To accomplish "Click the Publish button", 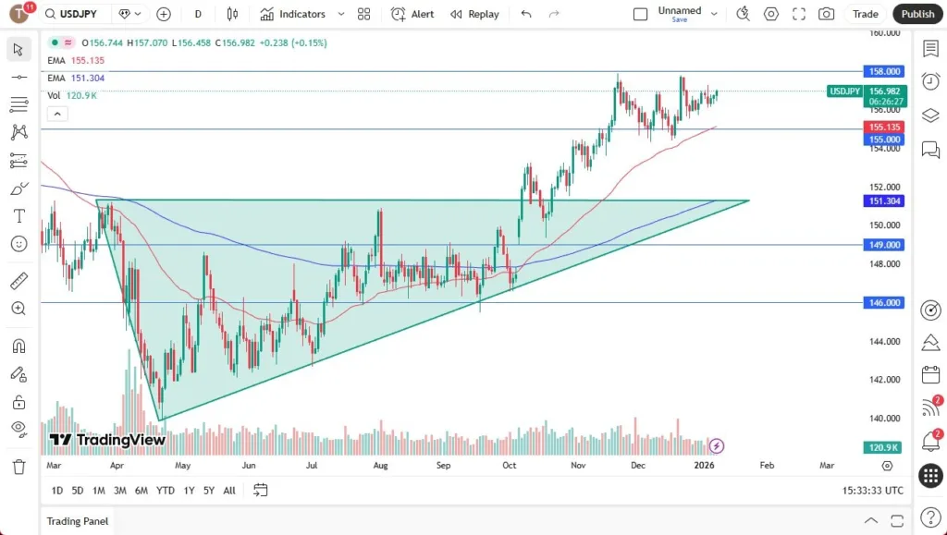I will (917, 14).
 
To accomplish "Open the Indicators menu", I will (293, 14).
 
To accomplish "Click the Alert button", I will (412, 14).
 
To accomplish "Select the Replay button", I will (474, 14).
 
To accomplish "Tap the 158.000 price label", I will (883, 71).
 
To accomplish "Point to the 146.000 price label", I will (883, 302).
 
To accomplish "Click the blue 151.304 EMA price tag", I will (883, 201).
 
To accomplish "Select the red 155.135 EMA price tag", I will (883, 127).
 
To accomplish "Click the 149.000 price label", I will (883, 245).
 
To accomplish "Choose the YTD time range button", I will (166, 491).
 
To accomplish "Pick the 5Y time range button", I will (210, 491).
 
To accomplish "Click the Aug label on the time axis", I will (380, 466).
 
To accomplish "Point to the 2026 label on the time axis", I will (705, 466).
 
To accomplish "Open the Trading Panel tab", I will (78, 521).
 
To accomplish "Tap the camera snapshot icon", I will (826, 14).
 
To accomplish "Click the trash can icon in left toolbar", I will (18, 467).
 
